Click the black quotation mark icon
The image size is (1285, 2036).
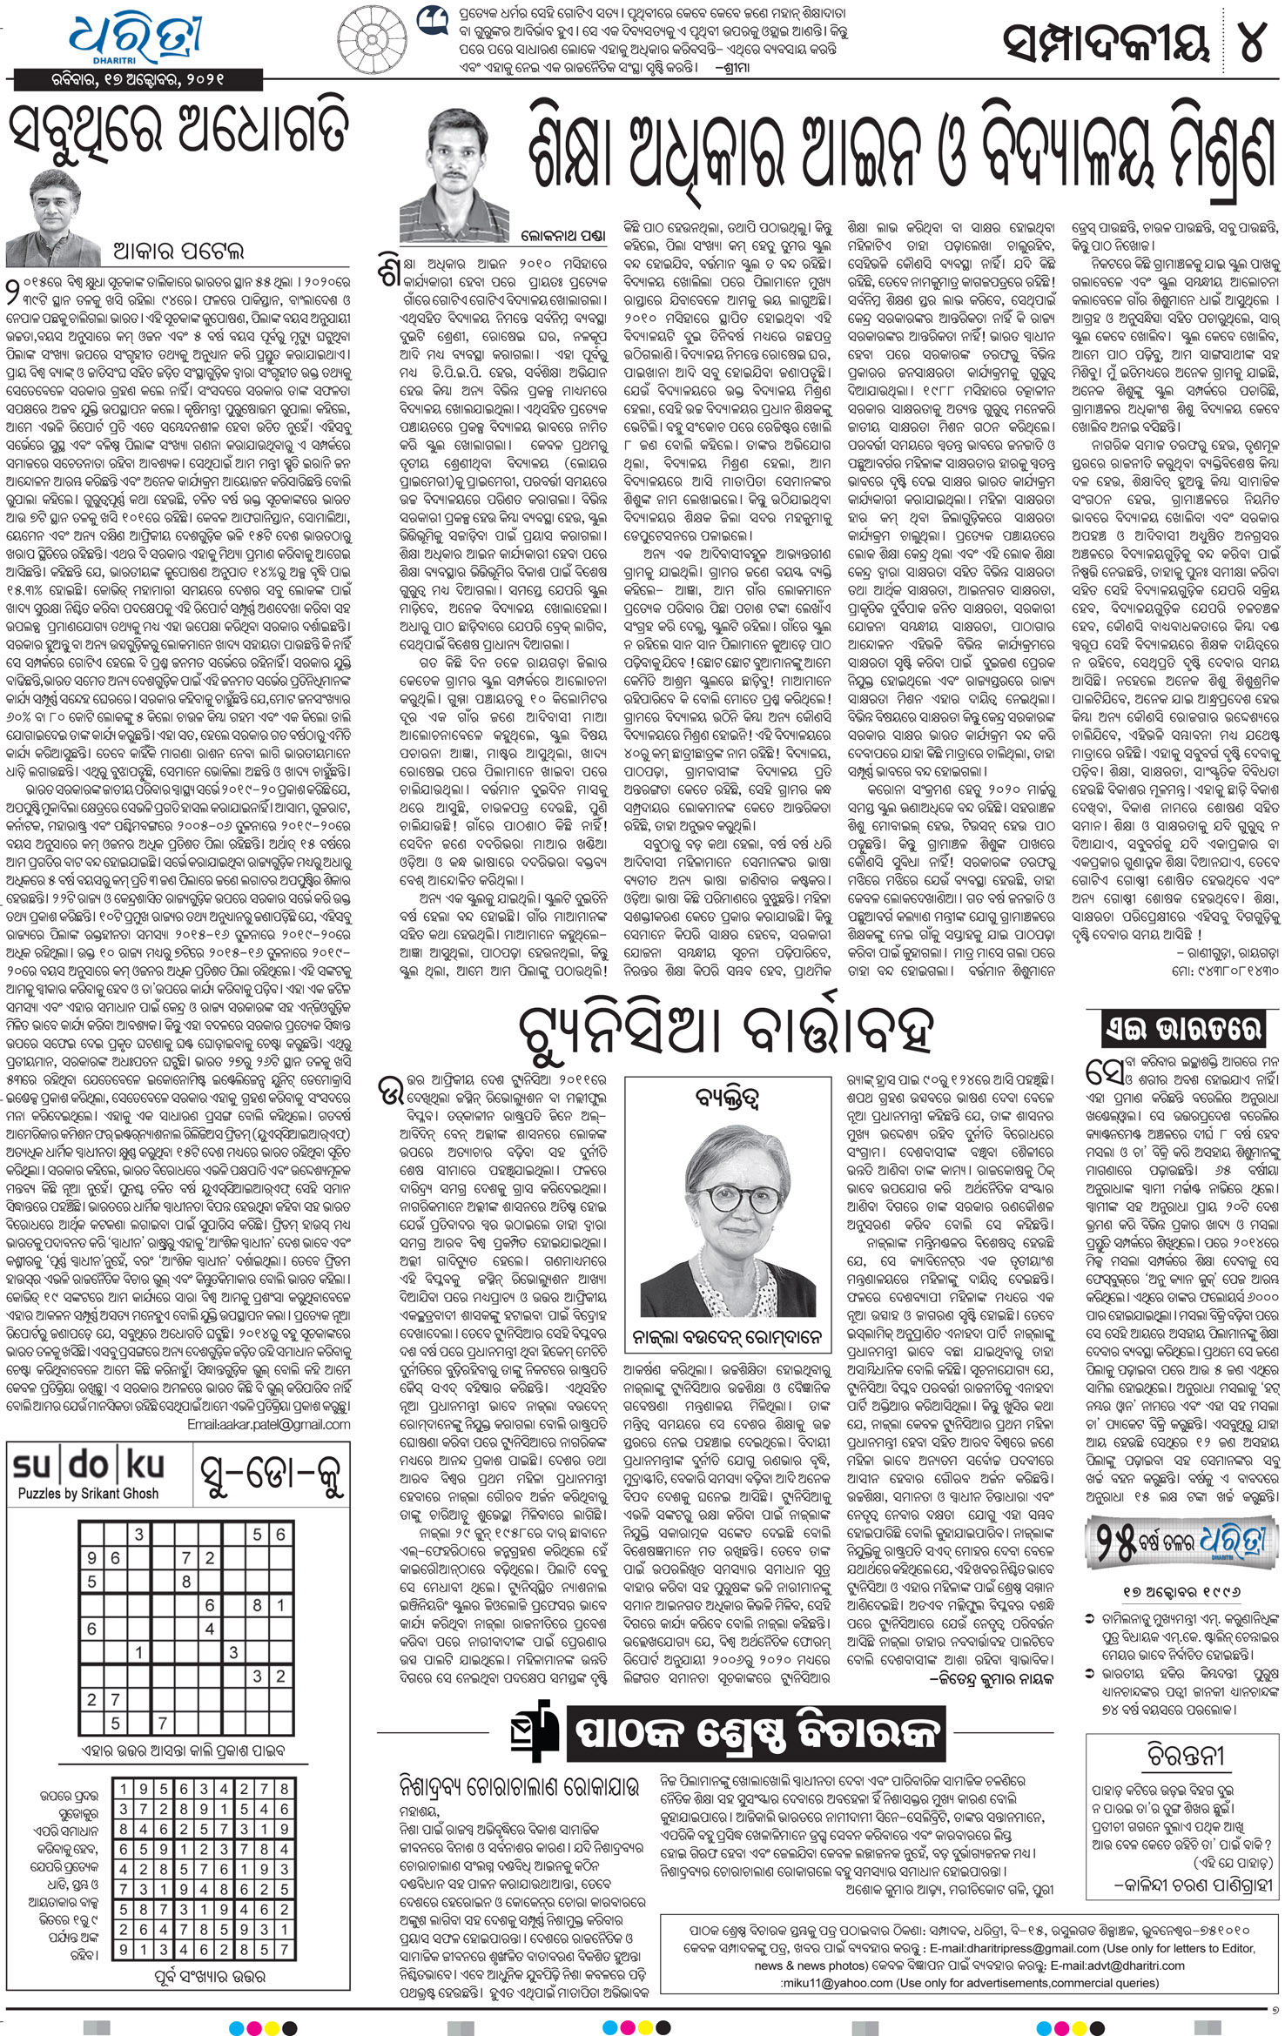(x=431, y=21)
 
